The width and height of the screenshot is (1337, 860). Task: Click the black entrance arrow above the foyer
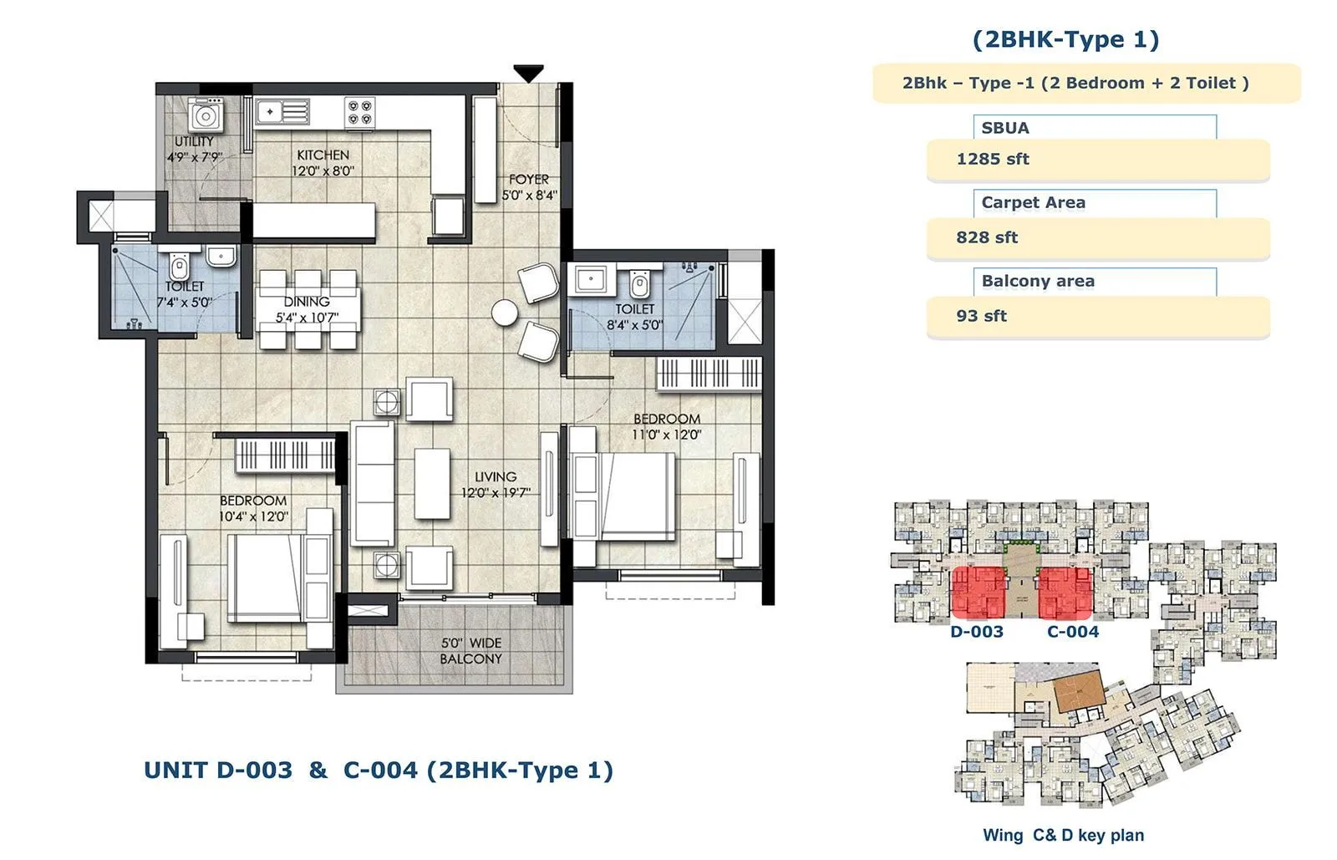coord(528,74)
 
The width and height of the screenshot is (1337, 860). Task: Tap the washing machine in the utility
coord(204,116)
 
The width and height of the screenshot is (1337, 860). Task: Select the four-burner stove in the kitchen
coord(360,112)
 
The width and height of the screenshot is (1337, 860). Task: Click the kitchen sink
coord(282,111)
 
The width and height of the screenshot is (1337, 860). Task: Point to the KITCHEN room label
coord(323,155)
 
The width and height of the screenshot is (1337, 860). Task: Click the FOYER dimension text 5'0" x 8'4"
coord(529,196)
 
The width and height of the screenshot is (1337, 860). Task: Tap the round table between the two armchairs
coord(505,313)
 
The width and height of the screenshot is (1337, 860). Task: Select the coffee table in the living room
coord(432,484)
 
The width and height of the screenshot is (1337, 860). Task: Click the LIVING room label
coord(496,476)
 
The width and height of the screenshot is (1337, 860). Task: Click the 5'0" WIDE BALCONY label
coord(471,651)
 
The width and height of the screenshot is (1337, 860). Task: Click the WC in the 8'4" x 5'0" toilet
coord(639,284)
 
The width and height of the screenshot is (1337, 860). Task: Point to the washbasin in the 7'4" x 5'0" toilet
coord(221,256)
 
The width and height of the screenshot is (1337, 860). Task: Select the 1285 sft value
coord(992,159)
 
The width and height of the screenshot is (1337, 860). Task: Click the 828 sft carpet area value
coord(986,237)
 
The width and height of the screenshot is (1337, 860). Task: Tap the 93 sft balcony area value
coord(981,316)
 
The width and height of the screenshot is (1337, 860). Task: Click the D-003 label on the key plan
coord(976,632)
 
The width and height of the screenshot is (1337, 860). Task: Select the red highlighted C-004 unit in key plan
coord(1065,592)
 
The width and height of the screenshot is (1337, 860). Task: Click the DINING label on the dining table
coord(307,301)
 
